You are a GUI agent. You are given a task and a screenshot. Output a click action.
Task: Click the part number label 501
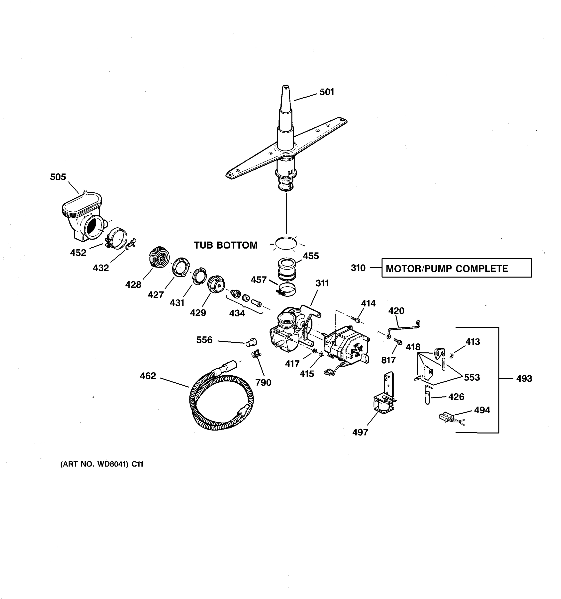point(327,92)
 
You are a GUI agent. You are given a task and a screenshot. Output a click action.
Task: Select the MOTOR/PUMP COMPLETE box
point(456,268)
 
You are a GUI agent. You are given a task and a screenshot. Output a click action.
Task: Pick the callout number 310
point(358,268)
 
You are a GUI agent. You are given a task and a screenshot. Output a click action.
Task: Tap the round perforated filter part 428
point(159,256)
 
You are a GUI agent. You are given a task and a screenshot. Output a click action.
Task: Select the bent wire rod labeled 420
point(403,328)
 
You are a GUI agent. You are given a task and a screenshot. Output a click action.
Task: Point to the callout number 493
point(524,378)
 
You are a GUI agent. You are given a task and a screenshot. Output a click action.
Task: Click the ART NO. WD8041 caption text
point(102,464)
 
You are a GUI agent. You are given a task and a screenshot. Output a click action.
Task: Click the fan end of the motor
point(358,349)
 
